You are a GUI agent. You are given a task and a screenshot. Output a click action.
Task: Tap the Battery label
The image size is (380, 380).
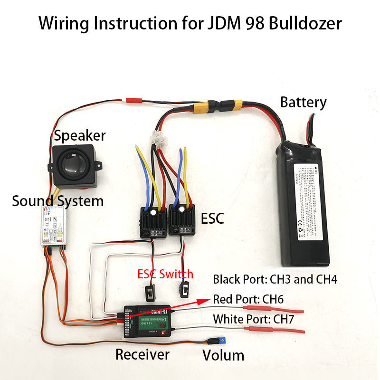(303, 102)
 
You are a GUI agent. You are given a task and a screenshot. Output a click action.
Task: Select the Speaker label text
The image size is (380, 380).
(79, 135)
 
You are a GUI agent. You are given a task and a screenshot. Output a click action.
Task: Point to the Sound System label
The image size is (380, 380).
(57, 201)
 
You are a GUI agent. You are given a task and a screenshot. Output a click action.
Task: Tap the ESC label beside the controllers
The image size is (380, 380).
(212, 218)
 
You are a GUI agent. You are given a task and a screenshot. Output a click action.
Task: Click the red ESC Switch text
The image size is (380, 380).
(165, 274)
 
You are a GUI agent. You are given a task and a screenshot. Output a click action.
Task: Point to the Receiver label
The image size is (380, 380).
(142, 354)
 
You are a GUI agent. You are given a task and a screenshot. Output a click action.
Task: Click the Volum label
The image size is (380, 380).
(223, 355)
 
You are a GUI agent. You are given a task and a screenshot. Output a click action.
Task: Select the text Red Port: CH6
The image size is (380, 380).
(251, 299)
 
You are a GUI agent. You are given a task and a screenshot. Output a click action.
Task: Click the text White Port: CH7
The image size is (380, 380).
(254, 319)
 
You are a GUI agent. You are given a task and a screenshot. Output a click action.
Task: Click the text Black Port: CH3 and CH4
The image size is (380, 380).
(275, 279)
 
